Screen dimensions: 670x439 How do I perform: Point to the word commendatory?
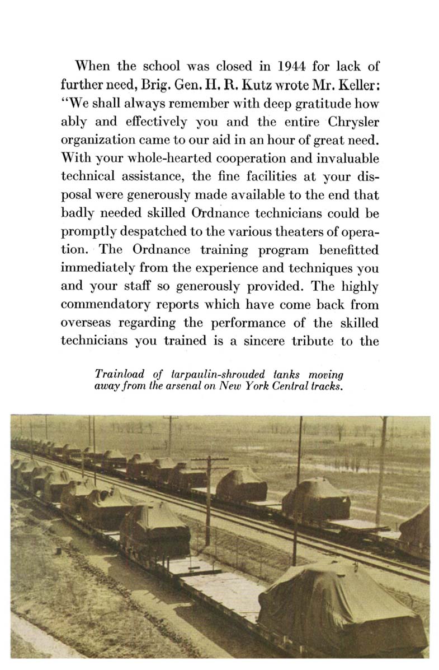click(x=107, y=305)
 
